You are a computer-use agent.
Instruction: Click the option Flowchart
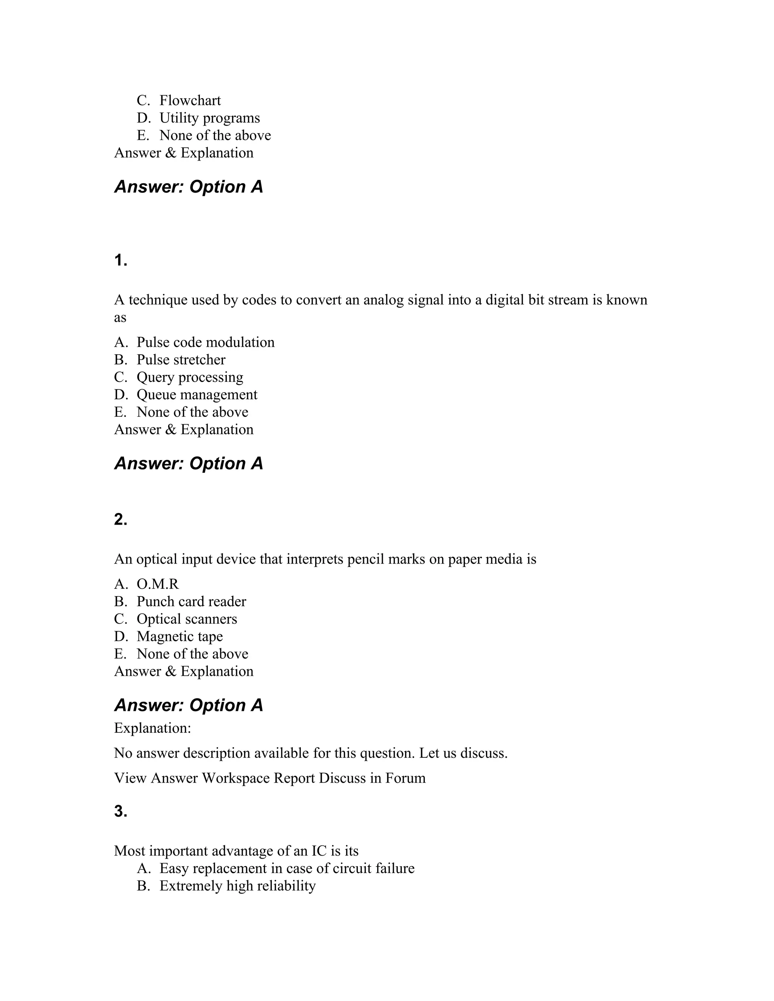point(190,100)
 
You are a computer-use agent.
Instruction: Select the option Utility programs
point(209,118)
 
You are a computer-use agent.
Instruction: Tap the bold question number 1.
point(121,261)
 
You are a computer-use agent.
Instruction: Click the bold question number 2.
point(121,519)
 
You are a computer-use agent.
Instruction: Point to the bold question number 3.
point(121,811)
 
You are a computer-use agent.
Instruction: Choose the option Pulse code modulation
point(206,342)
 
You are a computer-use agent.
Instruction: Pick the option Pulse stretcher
point(181,360)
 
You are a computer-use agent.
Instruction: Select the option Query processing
point(190,377)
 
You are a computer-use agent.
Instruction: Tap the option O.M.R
point(157,584)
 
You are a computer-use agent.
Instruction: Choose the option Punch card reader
point(191,602)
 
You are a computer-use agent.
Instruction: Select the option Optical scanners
point(187,619)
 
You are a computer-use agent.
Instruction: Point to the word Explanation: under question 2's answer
point(152,728)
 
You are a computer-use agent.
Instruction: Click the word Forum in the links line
point(406,778)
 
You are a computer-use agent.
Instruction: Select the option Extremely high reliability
point(237,886)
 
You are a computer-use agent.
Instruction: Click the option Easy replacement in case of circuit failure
point(286,868)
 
